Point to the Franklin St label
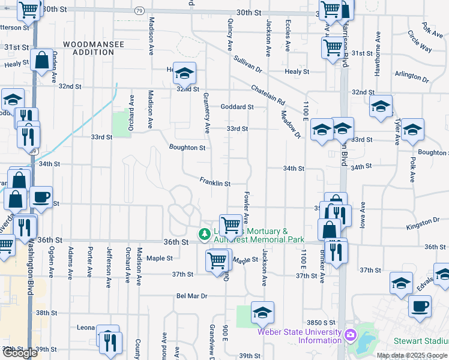click(x=215, y=182)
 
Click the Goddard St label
click(x=237, y=107)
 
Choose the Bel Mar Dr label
click(x=191, y=296)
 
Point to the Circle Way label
click(x=419, y=41)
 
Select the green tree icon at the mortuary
click(x=205, y=233)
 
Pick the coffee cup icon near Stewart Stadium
click(x=420, y=305)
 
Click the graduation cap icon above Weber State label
click(x=262, y=313)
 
